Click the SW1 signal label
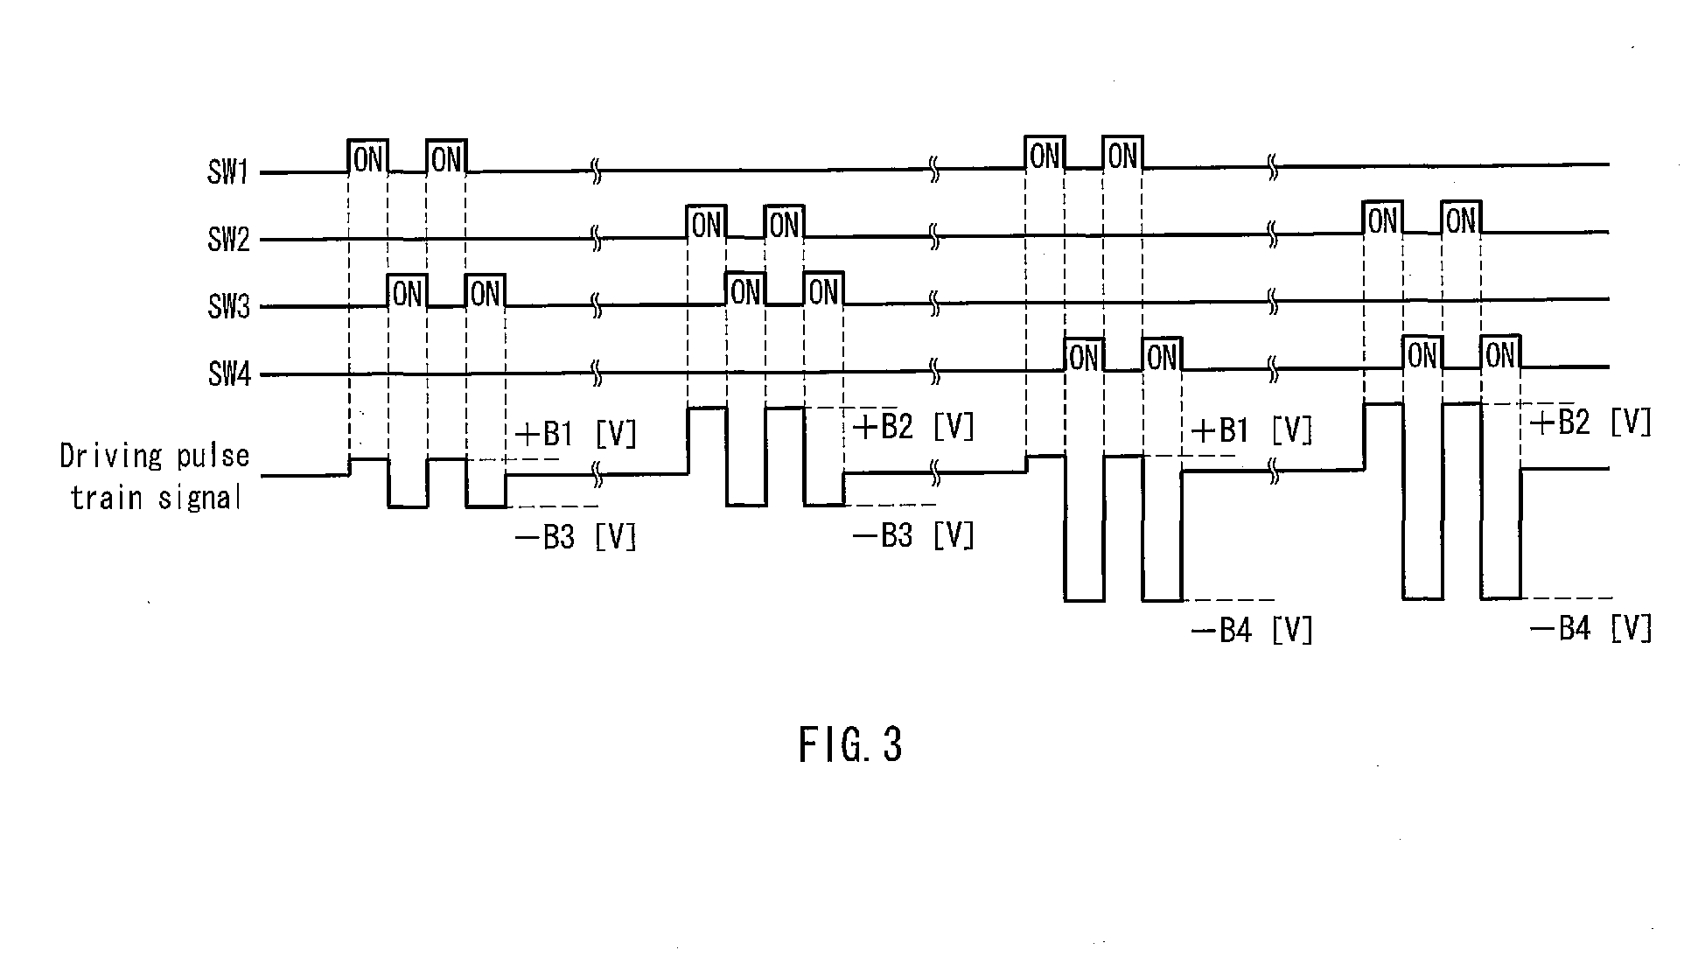point(228,172)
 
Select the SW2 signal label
point(228,239)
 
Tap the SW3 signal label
point(228,307)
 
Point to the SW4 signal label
point(228,374)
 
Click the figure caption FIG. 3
point(849,745)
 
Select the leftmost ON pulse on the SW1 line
point(368,157)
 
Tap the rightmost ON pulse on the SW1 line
point(1122,154)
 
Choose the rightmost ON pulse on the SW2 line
point(1461,218)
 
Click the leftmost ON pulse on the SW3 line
point(408,291)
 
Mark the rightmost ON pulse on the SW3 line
point(823,290)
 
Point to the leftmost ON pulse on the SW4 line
point(1084,355)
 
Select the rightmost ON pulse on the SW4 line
point(1500,352)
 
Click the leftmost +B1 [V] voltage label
point(576,433)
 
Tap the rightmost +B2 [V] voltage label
point(1591,423)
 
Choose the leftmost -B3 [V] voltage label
point(576,536)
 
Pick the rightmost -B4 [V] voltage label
point(1591,628)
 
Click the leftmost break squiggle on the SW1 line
point(597,171)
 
